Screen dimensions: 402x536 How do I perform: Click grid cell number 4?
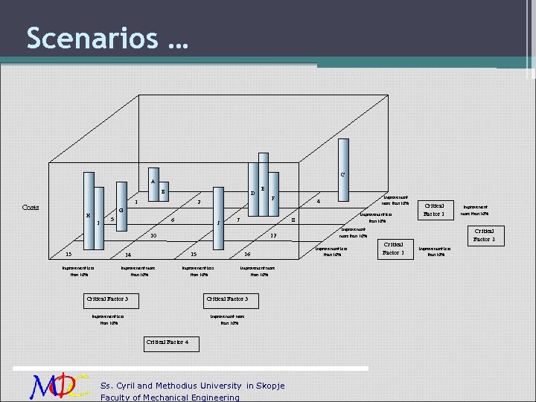[318, 202]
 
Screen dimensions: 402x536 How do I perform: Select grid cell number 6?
[173, 220]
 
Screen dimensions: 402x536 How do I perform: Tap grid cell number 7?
[198, 202]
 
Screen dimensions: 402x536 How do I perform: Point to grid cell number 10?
[153, 237]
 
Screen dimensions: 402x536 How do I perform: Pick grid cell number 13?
[68, 254]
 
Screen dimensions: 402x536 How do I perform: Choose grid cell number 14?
[128, 255]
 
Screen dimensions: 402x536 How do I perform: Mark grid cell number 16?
[247, 255]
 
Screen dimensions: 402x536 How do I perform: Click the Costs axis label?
[31, 208]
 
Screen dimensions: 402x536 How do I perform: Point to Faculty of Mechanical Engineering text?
[170, 397]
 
